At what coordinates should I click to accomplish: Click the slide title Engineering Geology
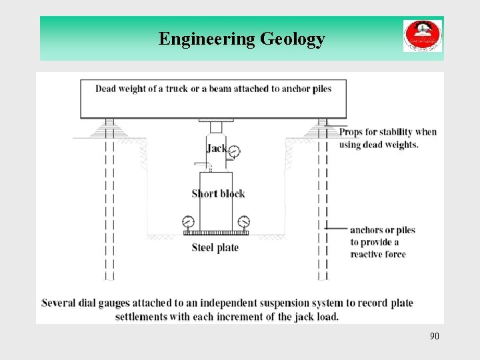click(241, 39)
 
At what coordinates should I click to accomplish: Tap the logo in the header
click(422, 36)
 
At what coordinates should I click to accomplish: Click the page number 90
click(434, 336)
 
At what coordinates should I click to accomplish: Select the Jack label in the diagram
click(216, 148)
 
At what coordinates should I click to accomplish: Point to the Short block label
click(218, 193)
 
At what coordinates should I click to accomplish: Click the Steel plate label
click(215, 247)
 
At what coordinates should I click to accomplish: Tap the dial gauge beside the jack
click(233, 152)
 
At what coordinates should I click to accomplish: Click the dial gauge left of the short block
click(187, 221)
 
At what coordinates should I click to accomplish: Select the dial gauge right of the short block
click(244, 221)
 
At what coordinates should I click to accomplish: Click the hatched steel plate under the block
click(215, 233)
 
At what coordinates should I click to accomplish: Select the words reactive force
click(378, 254)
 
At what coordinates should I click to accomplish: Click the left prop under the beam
click(109, 127)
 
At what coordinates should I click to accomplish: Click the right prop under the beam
click(323, 127)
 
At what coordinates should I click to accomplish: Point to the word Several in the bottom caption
click(61, 303)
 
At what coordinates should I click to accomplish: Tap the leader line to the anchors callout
click(337, 229)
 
